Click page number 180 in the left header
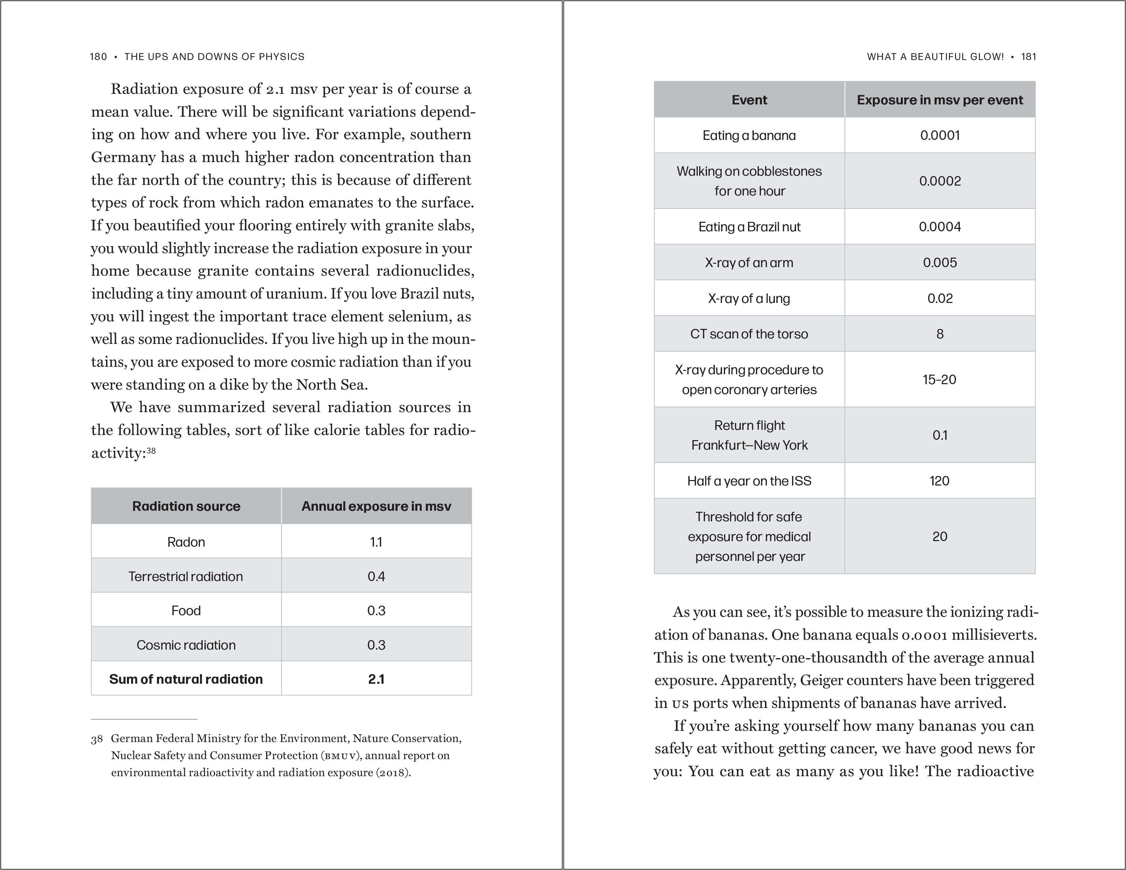point(98,57)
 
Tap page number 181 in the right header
point(1028,57)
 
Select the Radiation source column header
point(186,506)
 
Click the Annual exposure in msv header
point(376,506)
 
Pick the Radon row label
point(186,542)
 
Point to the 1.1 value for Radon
point(376,542)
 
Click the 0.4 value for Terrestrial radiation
point(376,576)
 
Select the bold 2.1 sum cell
point(376,679)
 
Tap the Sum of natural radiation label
point(186,679)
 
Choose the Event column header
point(749,100)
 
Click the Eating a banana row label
point(749,135)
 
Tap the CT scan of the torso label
point(749,334)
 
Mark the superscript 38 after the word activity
point(151,450)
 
